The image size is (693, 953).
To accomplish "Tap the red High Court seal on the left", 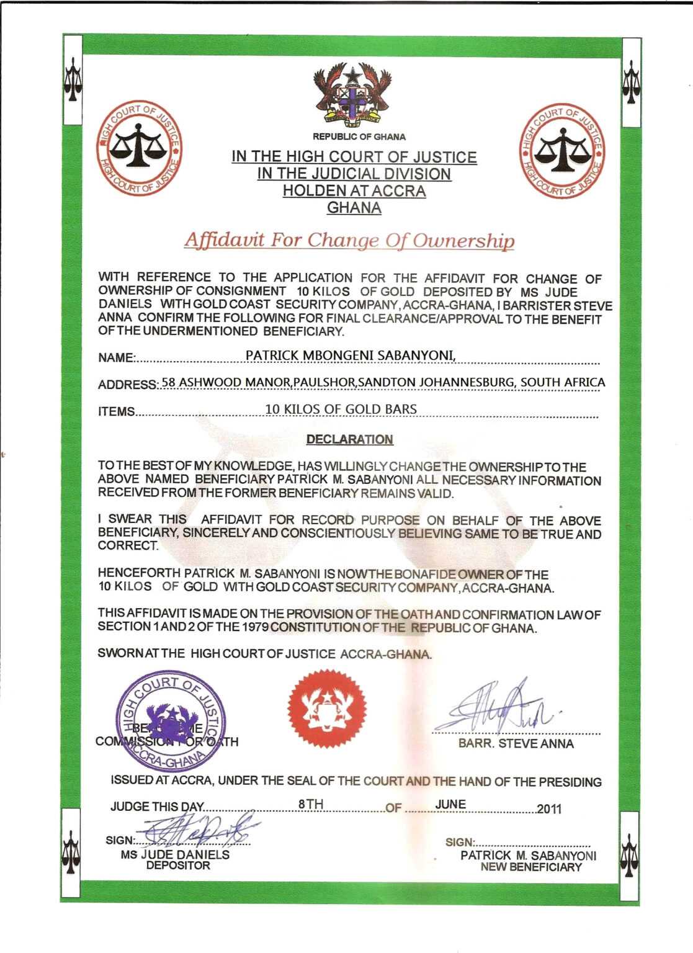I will pyautogui.click(x=138, y=149).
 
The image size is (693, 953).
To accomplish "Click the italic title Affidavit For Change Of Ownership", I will pyautogui.click(x=349, y=240).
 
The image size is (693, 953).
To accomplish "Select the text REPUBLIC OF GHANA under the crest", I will pyautogui.click(x=359, y=136).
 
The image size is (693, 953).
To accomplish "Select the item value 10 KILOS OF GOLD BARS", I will pyautogui.click(x=341, y=409).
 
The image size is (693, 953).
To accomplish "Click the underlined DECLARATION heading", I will pyautogui.click(x=349, y=439).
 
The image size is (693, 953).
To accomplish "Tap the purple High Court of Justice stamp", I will pyautogui.click(x=171, y=722).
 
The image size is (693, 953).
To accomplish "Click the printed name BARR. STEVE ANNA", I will pyautogui.click(x=516, y=743).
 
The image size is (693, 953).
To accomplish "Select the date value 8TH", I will pyautogui.click(x=311, y=804).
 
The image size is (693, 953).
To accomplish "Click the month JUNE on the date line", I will pyautogui.click(x=450, y=804).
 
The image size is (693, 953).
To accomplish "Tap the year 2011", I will pyautogui.click(x=549, y=808).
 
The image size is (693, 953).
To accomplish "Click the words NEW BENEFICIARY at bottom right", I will pyautogui.click(x=531, y=867).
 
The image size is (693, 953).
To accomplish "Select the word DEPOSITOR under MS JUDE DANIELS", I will pyautogui.click(x=178, y=866).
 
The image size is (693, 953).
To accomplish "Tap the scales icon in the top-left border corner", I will pyautogui.click(x=73, y=79).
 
